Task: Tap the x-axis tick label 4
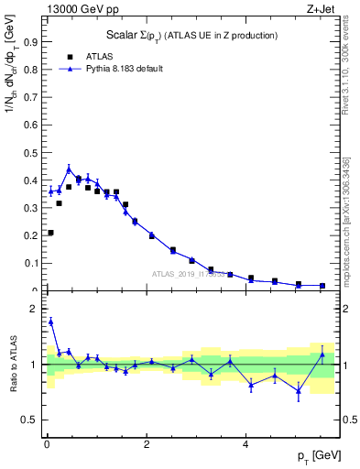[x=245, y=444]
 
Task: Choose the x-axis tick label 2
[x=146, y=444]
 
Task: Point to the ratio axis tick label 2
[x=34, y=309]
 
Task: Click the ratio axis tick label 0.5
[x=31, y=420]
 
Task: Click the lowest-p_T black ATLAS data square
[x=50, y=233]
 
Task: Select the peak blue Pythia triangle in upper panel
[x=69, y=169]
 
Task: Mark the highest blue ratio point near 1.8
[x=50, y=322]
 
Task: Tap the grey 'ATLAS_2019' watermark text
[x=180, y=274]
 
